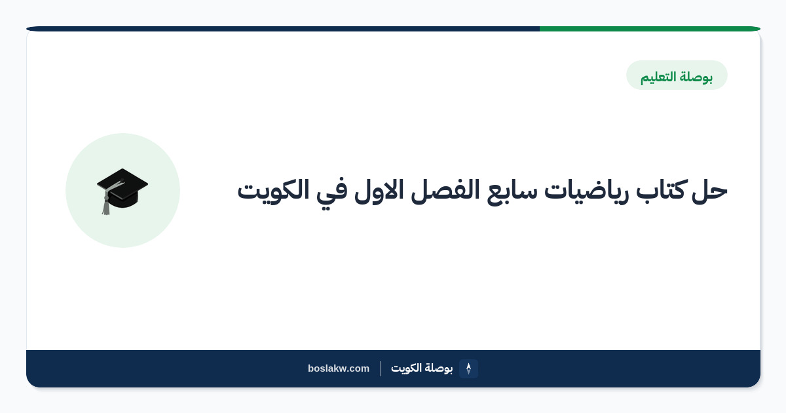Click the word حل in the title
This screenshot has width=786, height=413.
(x=709, y=191)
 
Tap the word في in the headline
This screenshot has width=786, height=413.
(x=331, y=193)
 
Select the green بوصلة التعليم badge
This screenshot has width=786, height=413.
(x=677, y=75)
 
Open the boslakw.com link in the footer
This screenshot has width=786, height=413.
(x=339, y=368)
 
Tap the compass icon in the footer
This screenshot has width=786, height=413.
(x=468, y=368)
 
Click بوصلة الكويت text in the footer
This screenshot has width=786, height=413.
(x=422, y=368)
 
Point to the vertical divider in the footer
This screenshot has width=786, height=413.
(x=381, y=368)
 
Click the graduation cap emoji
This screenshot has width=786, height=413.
(x=122, y=191)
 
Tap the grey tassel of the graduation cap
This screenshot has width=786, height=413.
(x=106, y=204)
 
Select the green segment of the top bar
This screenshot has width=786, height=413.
(x=650, y=29)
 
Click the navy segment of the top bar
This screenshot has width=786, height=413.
(x=283, y=29)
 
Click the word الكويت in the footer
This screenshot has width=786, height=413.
(x=406, y=368)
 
